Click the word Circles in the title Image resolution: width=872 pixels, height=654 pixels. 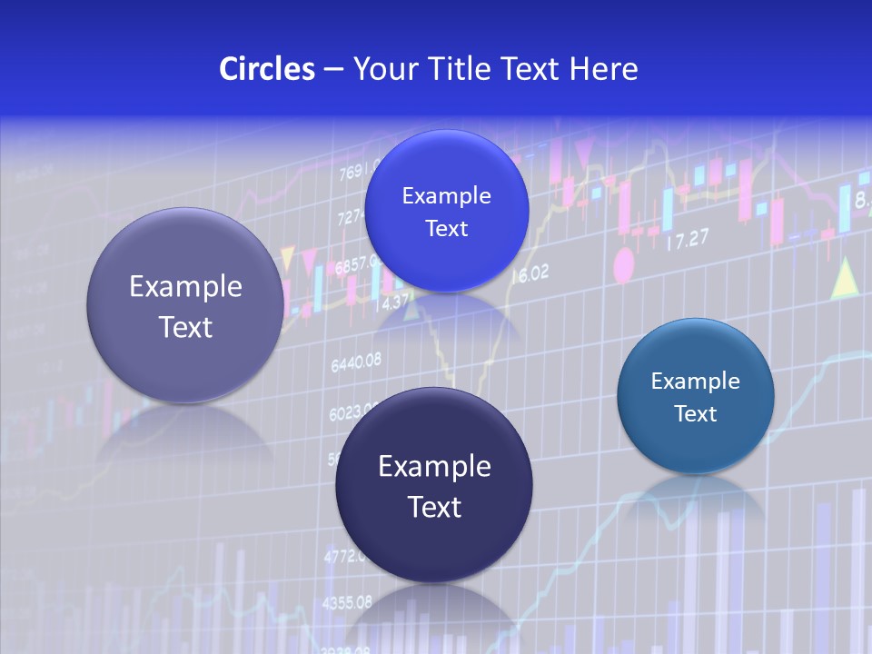[267, 69]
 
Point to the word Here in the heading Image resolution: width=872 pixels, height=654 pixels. [604, 69]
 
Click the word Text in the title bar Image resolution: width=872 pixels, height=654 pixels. [531, 69]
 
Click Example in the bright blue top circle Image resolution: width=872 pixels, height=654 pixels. [446, 195]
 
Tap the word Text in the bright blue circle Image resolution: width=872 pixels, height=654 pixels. [446, 228]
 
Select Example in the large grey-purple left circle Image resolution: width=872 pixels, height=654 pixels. [185, 287]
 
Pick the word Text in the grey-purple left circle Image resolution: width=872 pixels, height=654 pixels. [185, 327]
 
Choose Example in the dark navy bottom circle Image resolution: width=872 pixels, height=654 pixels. [434, 467]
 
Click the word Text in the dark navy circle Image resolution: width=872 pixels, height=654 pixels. [434, 507]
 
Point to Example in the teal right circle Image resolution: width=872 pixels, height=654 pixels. [695, 381]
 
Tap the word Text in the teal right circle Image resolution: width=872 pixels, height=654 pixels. [696, 414]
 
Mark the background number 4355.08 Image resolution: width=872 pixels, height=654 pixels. [346, 602]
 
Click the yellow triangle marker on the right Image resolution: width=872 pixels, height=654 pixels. [846, 278]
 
